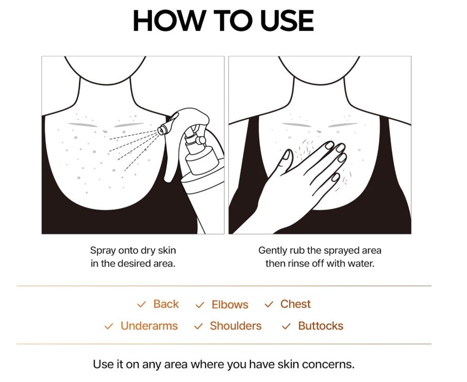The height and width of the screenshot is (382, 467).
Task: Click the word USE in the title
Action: pos(287,20)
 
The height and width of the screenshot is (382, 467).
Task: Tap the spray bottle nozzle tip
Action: pos(161,130)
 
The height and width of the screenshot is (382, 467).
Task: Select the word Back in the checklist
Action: pos(166,304)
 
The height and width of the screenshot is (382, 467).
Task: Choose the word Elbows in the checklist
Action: pos(230,305)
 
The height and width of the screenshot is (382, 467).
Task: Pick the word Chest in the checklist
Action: pos(295,304)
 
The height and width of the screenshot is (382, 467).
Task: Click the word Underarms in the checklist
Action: pos(149,326)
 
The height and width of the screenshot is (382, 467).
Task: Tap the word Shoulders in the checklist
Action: pos(236,326)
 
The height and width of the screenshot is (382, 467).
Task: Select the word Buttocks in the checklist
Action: pos(321,326)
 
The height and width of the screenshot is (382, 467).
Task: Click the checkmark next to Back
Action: pos(141,305)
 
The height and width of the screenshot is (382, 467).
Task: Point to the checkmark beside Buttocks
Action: pos(286,326)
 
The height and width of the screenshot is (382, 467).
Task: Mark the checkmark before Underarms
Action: pos(109,326)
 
